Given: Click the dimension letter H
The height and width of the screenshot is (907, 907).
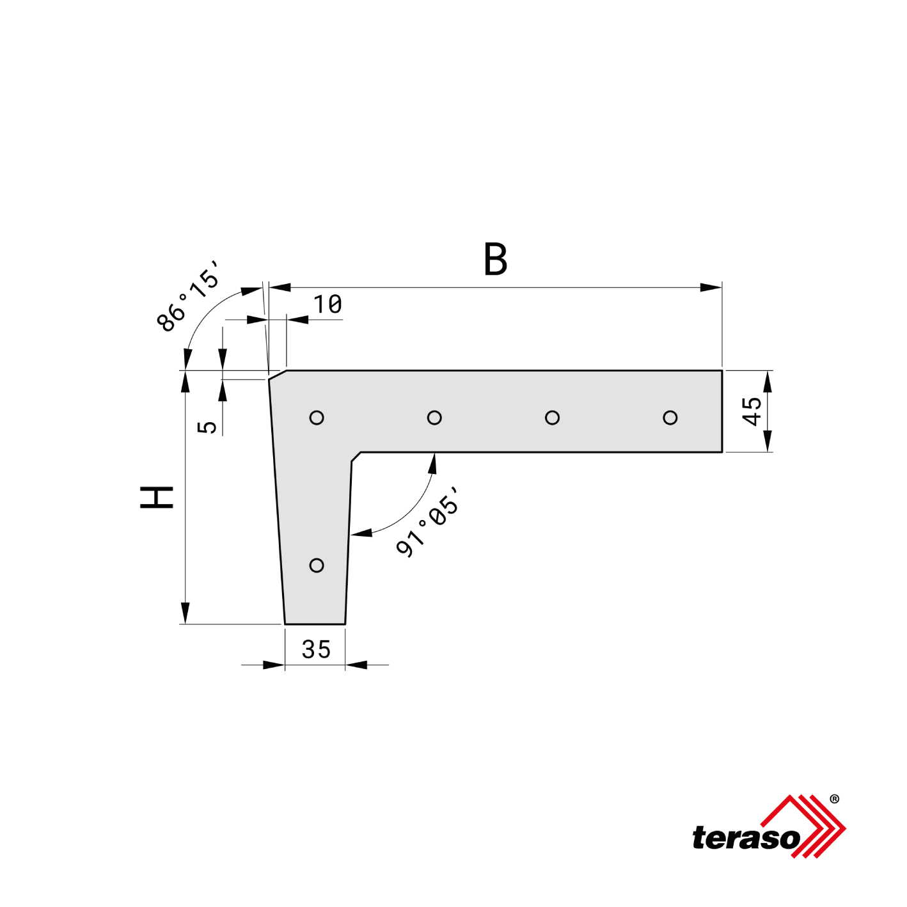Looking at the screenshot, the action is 157,498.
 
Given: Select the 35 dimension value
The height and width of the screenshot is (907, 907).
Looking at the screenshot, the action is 316,649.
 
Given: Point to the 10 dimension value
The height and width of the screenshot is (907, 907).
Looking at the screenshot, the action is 327,304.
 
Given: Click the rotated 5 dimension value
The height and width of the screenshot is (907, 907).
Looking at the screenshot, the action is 207,427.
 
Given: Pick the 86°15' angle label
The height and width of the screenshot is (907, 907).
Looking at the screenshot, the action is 188,296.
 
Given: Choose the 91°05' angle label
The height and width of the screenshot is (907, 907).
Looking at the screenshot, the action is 427,521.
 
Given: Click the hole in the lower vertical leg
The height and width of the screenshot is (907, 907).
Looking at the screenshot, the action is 317,565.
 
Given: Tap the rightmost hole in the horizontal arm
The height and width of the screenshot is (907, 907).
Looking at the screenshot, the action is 670,418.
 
